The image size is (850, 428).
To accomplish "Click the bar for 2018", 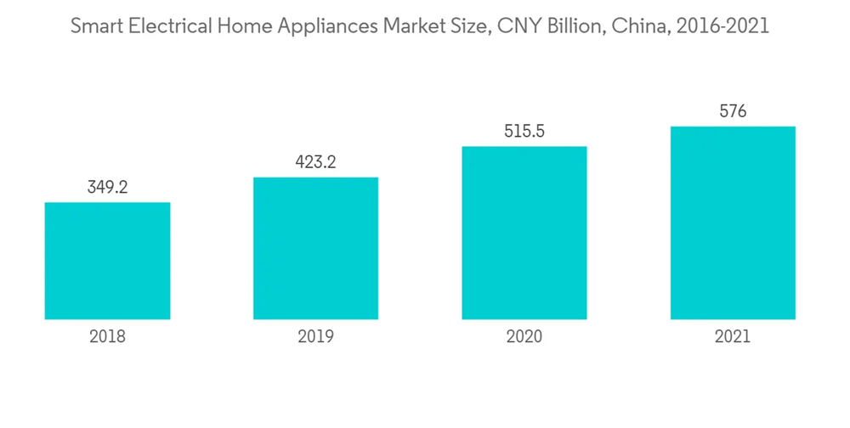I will coord(107,261).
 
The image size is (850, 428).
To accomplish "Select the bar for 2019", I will coord(315,248).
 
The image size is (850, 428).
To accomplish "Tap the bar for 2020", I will coord(524,233).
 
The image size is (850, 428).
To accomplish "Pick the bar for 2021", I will coord(733,222).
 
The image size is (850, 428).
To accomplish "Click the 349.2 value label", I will coord(107,188).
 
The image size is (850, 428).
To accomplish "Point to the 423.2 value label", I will coord(315,162).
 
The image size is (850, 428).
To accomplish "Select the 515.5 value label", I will coord(524,132).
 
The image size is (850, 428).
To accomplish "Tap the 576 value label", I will coord(733,111).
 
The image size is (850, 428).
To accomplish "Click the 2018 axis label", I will coord(107,337).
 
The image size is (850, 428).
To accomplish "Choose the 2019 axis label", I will coord(315,337).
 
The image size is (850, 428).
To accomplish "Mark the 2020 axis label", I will coord(524,337).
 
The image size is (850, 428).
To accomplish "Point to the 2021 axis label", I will coord(733,337).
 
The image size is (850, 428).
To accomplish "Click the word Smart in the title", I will coord(95,26).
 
